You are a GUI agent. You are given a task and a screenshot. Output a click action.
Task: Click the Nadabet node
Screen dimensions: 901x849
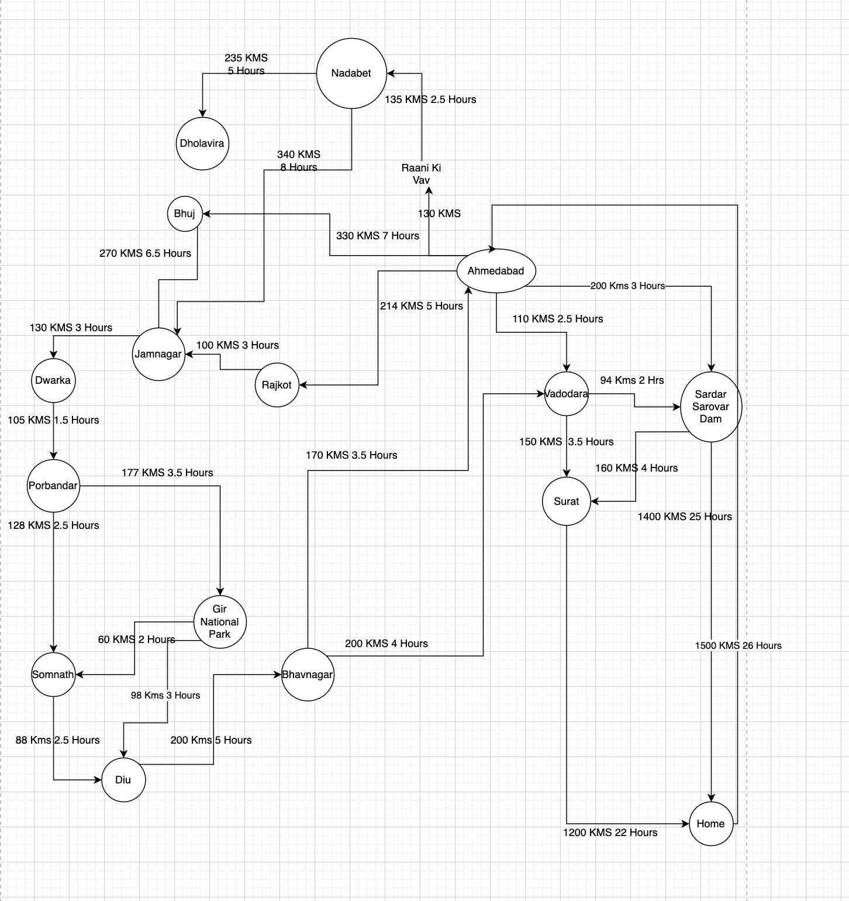[x=351, y=73]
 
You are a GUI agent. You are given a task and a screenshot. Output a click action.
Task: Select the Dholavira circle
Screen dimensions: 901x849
[x=202, y=143]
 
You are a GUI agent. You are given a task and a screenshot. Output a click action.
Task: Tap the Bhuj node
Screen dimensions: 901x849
[x=185, y=214]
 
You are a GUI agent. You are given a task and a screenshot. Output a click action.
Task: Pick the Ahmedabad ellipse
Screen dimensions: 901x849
[x=496, y=271]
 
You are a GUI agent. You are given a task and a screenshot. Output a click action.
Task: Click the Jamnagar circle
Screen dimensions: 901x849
[x=158, y=354]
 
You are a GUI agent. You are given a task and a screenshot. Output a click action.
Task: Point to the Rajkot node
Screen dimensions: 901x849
[x=277, y=385]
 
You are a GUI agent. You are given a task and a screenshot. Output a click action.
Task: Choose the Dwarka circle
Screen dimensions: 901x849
[x=53, y=380]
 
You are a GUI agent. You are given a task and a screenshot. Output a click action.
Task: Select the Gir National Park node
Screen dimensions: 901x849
[x=220, y=622]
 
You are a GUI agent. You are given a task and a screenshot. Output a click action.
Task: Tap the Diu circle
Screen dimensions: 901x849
[x=123, y=780]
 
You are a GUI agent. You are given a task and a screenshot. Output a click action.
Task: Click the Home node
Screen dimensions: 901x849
[x=711, y=824]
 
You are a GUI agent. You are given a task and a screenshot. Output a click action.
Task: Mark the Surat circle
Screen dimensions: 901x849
[x=566, y=501]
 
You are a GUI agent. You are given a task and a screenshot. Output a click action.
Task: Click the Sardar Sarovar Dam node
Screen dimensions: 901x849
[x=711, y=407]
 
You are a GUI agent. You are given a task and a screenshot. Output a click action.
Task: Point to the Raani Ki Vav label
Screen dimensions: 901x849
[x=421, y=174]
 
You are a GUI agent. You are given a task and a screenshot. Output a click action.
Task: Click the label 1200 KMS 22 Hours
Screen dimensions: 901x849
[x=610, y=833]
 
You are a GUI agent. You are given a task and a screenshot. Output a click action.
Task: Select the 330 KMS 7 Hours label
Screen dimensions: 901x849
[x=377, y=236]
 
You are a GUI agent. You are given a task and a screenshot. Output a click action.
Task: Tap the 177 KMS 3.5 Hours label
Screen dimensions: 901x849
[x=167, y=473]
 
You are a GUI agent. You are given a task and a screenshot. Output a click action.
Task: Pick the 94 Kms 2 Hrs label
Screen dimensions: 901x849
[x=631, y=380]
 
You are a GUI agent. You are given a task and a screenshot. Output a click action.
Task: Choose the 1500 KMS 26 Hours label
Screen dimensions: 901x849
[x=738, y=645]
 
